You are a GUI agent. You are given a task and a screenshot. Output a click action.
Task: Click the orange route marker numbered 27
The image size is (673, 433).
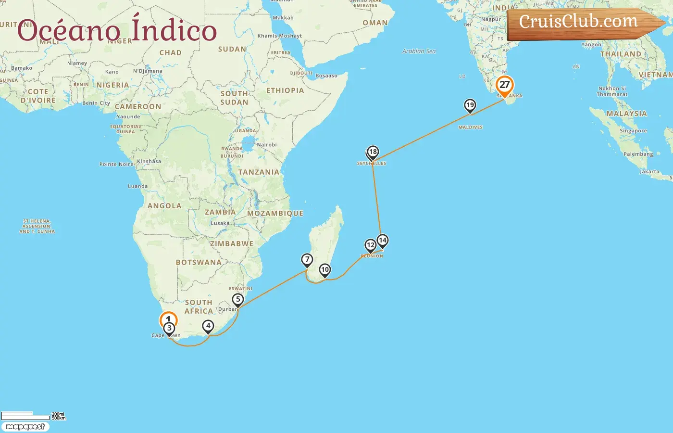click(x=504, y=85)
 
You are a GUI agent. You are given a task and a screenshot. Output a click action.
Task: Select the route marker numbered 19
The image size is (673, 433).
click(x=470, y=105)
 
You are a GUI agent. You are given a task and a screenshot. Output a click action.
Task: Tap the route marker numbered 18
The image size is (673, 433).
click(x=373, y=153)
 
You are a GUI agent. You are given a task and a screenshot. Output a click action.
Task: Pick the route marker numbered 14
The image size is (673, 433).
click(x=382, y=240)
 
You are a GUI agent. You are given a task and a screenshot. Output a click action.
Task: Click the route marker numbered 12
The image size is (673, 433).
click(x=370, y=245)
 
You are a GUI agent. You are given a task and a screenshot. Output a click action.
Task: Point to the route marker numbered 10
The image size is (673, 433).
click(x=325, y=270)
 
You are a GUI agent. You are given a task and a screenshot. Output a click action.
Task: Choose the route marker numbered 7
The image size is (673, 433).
click(x=307, y=260)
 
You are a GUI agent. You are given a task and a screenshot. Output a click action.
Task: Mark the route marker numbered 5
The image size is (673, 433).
click(x=238, y=300)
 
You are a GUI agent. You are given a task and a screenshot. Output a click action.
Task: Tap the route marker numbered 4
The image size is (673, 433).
click(x=208, y=326)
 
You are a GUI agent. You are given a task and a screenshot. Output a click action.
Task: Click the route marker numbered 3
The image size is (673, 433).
click(x=169, y=329)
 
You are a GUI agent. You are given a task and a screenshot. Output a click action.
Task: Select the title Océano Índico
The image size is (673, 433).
click(x=117, y=30)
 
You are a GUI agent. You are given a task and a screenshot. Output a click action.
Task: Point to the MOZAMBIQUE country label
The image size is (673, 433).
click(x=275, y=213)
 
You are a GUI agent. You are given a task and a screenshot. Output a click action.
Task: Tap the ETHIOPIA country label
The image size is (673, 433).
click(x=285, y=90)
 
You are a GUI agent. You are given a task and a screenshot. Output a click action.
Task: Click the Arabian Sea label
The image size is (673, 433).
click(x=419, y=51)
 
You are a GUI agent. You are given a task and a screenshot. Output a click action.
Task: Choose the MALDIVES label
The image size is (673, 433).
click(x=470, y=127)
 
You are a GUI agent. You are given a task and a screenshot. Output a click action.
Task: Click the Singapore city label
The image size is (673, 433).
click(x=633, y=131)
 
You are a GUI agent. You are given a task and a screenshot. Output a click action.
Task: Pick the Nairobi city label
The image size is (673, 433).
click(x=267, y=145)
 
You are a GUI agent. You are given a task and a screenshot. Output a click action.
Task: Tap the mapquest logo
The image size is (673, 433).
click(x=25, y=427)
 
